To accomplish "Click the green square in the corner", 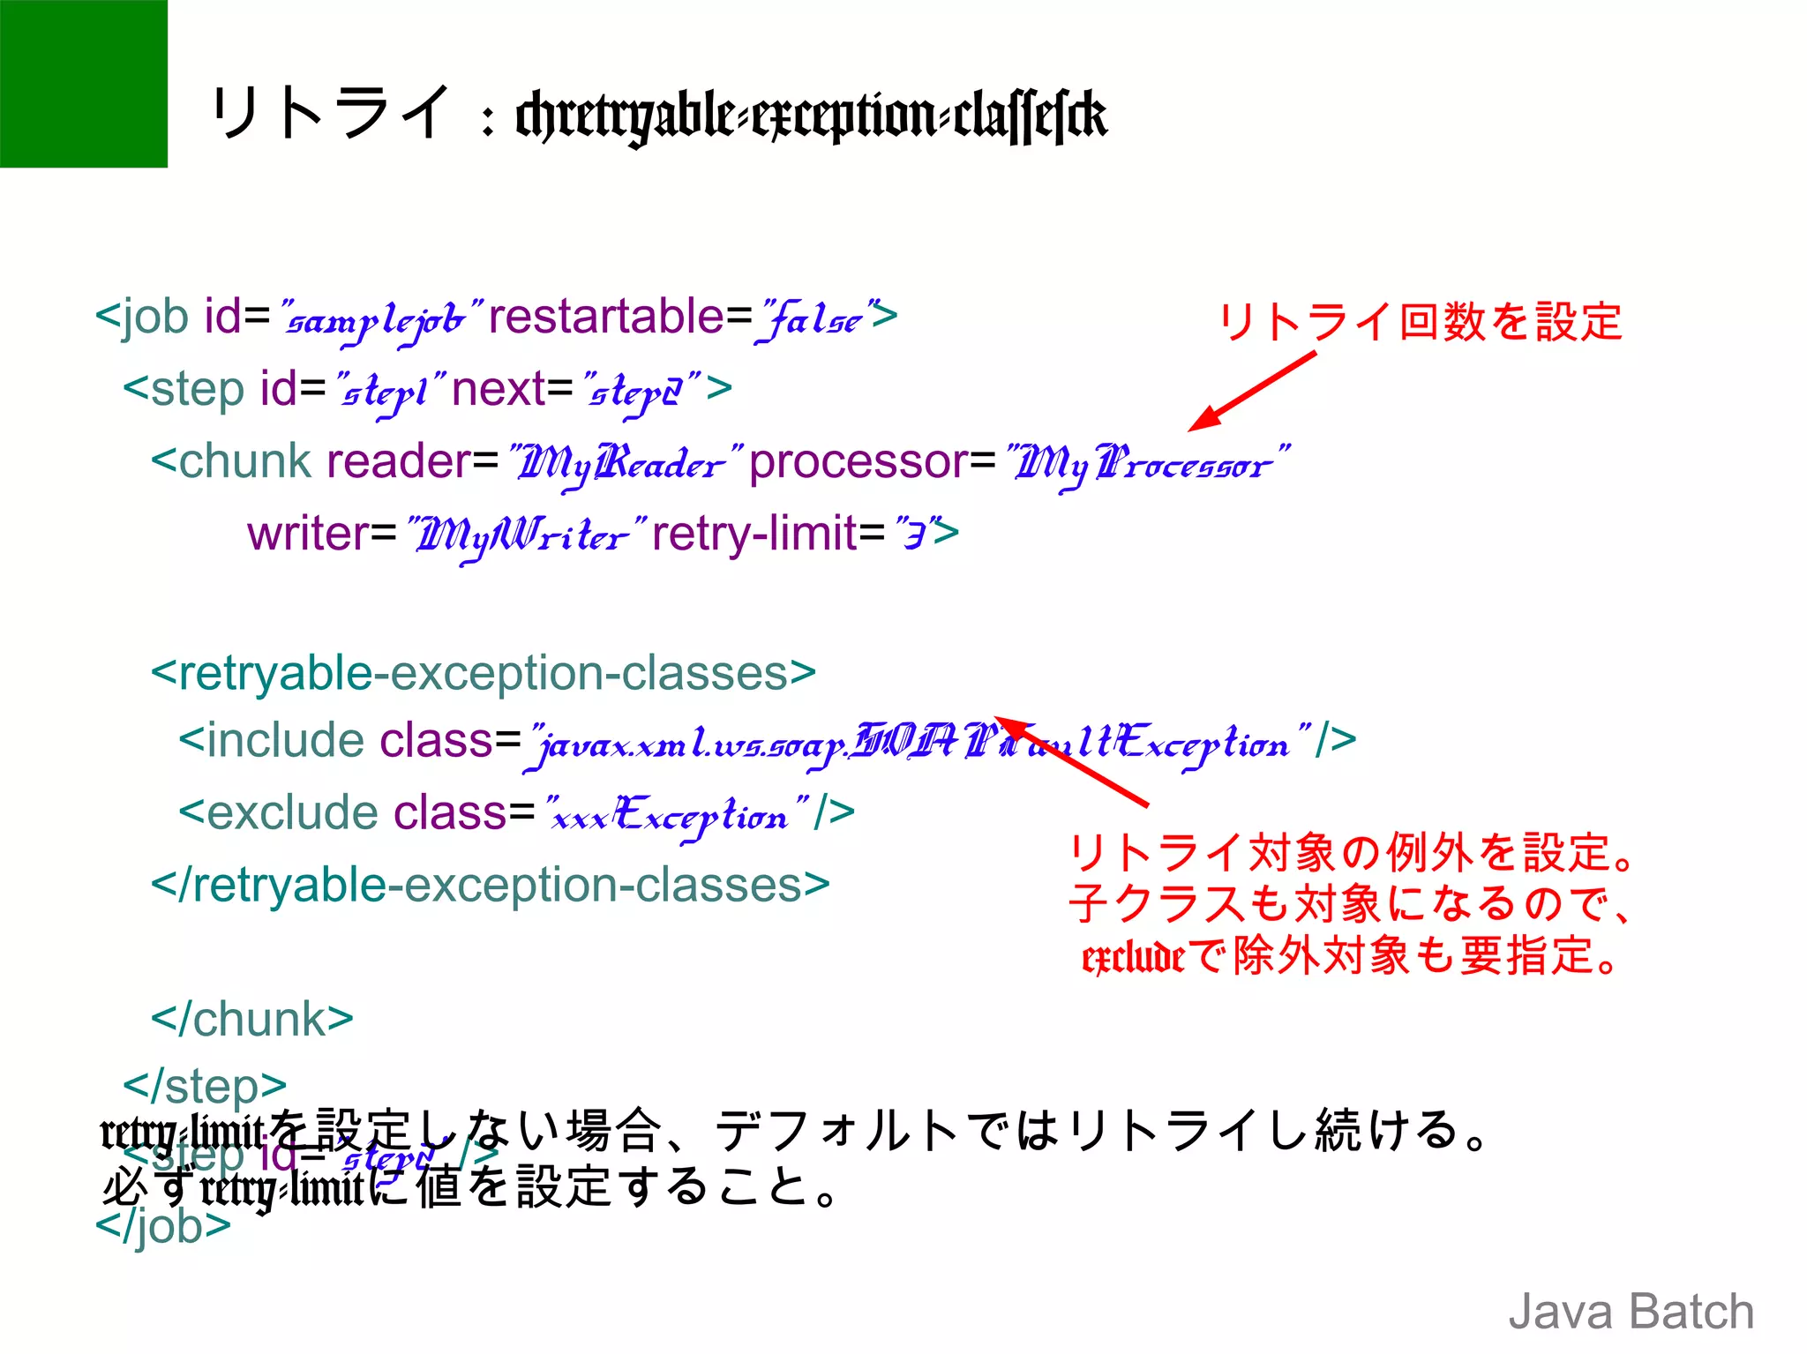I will click(x=83, y=83).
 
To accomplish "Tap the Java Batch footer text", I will click(x=1631, y=1311).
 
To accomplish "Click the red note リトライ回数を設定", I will click(x=1420, y=321).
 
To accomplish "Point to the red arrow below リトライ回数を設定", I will click(x=1252, y=391).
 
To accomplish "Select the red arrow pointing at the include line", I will click(x=1072, y=759).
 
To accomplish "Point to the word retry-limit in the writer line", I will click(x=754, y=534).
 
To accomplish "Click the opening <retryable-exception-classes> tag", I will click(x=484, y=674).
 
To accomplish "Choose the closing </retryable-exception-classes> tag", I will click(x=491, y=886).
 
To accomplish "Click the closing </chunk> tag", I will click(x=252, y=1020).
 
